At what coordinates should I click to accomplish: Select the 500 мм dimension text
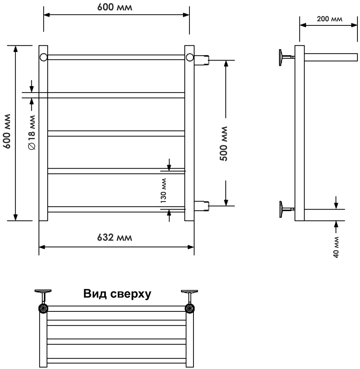223,143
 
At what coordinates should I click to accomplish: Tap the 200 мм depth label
329,19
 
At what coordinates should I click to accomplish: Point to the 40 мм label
336,248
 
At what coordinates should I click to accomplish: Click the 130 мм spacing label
163,190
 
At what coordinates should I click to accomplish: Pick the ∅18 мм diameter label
31,132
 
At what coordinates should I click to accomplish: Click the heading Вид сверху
117,294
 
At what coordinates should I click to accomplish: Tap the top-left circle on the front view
44,57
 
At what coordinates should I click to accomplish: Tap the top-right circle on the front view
189,57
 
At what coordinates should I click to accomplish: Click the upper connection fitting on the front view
202,60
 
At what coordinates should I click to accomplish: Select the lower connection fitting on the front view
202,206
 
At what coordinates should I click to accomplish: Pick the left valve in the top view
44,308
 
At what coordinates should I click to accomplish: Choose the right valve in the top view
190,308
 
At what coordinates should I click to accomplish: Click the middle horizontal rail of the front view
116,133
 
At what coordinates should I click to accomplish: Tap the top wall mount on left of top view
43,292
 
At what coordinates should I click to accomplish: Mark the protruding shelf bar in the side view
331,57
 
